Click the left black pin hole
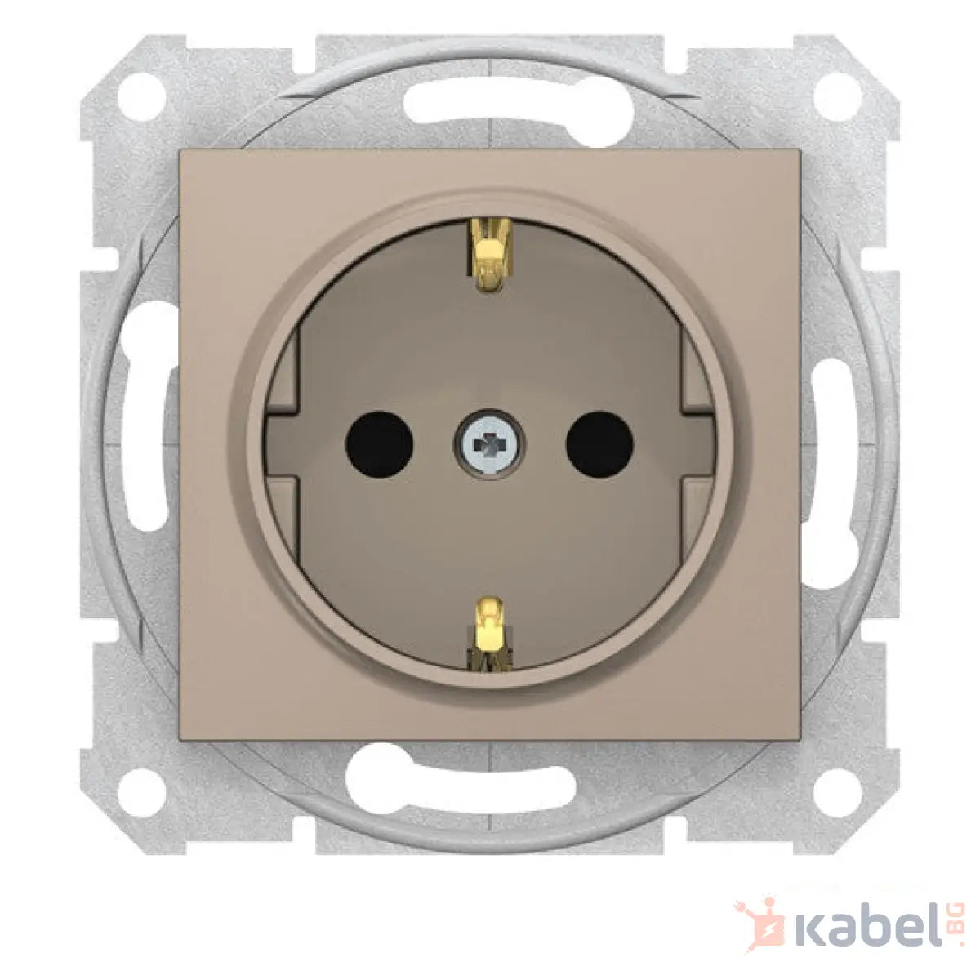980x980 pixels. (379, 444)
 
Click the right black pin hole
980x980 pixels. (599, 444)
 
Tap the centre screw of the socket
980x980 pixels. (489, 445)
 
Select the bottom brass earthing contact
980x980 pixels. (488, 634)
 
